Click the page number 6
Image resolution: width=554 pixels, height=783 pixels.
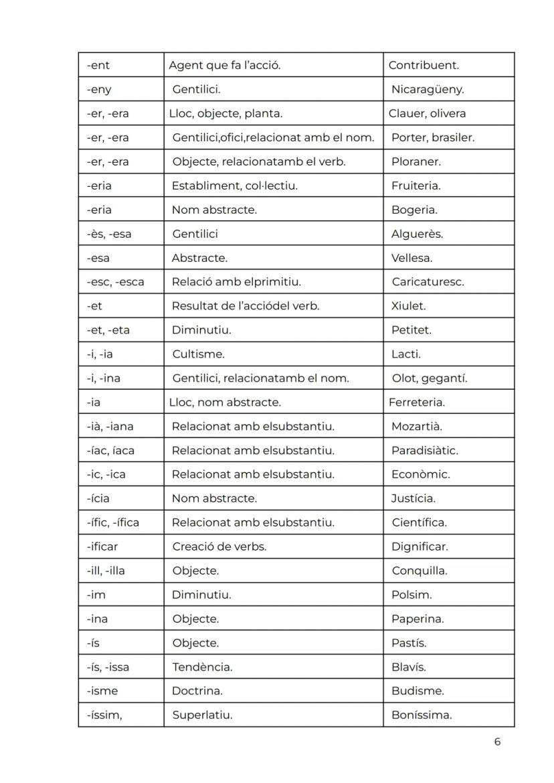coord(497,741)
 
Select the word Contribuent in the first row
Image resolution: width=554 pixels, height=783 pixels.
coord(424,66)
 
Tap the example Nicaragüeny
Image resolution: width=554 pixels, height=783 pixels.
coord(428,90)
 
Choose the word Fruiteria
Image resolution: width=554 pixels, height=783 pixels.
coord(416,186)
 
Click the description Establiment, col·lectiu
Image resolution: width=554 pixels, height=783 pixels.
coord(235,186)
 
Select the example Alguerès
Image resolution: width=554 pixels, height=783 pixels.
coord(418,234)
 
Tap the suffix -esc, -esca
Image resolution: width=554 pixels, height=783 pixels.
coord(115,282)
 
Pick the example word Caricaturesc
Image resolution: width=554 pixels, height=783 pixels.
coord(428,282)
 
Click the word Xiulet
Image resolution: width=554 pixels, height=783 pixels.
coord(409,306)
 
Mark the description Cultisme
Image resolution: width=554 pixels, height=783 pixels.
coord(198,354)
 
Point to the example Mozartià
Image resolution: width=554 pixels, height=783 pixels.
coord(417,427)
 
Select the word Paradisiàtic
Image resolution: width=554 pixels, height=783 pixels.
coord(425,451)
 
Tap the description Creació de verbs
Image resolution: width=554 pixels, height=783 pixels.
coord(219,547)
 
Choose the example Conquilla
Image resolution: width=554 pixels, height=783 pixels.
coord(420,571)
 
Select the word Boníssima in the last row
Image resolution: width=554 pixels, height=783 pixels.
coord(422,715)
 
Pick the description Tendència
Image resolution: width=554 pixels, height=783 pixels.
coord(202,667)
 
